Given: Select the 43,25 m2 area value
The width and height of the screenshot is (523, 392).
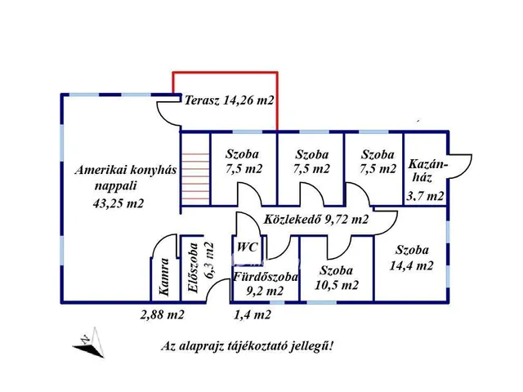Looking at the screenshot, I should point(118,203).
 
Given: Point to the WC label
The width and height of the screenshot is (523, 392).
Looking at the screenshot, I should point(247,247).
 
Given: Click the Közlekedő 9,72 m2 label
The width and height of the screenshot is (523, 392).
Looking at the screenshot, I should point(315,220).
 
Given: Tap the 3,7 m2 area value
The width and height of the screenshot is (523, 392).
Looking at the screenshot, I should point(425,196).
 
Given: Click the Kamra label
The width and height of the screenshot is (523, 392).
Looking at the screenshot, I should point(163,276).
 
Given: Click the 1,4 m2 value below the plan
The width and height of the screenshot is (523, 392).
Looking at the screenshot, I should point(252,314).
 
